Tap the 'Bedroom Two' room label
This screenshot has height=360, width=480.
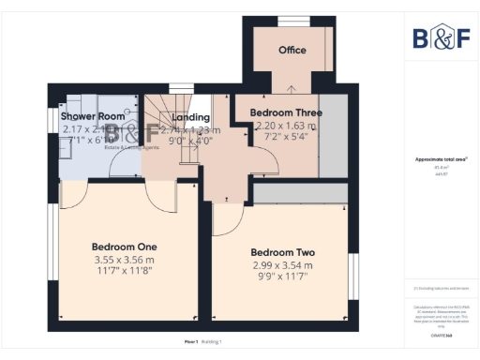click(282, 252)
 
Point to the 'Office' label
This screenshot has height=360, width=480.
click(292, 51)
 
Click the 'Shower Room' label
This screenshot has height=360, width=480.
click(93, 116)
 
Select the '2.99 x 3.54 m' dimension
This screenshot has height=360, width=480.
click(282, 265)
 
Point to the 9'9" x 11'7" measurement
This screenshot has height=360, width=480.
click(282, 277)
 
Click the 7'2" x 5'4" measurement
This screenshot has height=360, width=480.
click(285, 137)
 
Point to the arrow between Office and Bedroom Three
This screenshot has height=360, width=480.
click(292, 90)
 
